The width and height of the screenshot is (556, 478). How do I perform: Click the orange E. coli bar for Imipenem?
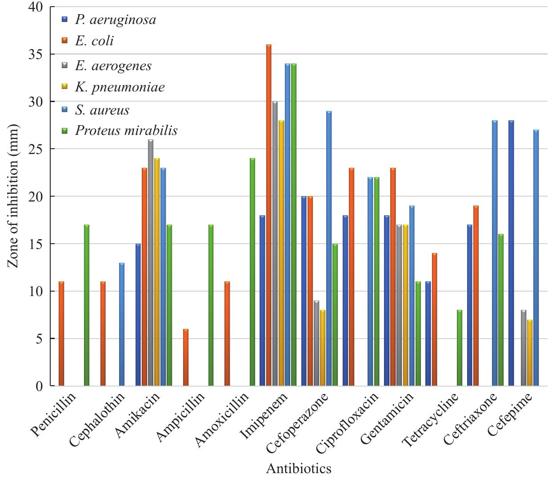pyautogui.click(x=269, y=215)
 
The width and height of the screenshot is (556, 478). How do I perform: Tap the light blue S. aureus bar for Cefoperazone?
pyautogui.click(x=329, y=249)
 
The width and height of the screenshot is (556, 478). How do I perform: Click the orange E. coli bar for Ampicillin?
pyautogui.click(x=186, y=357)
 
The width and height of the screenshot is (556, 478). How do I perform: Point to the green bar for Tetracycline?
pyautogui.click(x=460, y=348)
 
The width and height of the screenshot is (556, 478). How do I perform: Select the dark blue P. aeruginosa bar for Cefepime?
pyautogui.click(x=511, y=253)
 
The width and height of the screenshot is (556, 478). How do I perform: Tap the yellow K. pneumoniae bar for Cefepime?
pyautogui.click(x=530, y=353)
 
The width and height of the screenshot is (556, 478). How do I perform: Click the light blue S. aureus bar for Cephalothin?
pyautogui.click(x=122, y=324)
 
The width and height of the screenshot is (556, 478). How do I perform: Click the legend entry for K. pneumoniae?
pyautogui.click(x=120, y=87)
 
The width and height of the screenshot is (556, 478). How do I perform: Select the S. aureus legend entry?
pyautogui.click(x=102, y=110)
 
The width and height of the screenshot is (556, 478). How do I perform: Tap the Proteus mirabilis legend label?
pyautogui.click(x=126, y=130)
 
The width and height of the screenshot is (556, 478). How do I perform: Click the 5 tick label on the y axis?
pyautogui.click(x=40, y=339)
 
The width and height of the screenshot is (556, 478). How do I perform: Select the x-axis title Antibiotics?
pyautogui.click(x=298, y=469)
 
